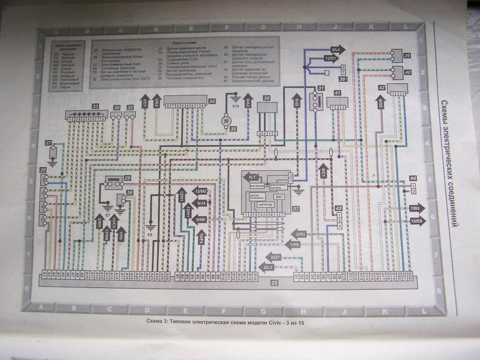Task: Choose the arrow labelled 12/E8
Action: point(417,221)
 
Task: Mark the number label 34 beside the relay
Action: point(212,101)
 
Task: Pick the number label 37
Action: point(296,208)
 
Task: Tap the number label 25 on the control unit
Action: point(274,283)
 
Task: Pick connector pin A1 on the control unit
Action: point(44,274)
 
